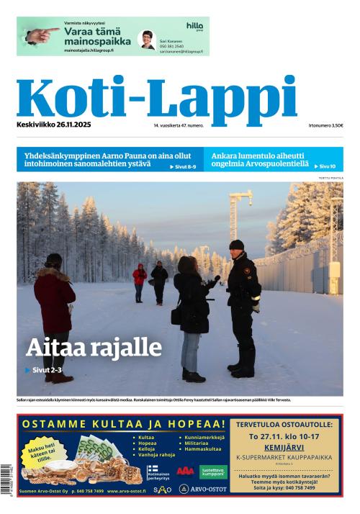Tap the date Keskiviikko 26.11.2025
[53, 125]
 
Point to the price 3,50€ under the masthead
[336, 125]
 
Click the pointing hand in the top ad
[40, 34]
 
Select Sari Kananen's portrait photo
[147, 39]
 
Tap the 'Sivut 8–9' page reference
[183, 167]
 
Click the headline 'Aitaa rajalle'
[94, 348]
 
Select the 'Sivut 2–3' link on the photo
[45, 370]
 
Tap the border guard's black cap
[237, 245]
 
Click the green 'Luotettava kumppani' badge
[212, 472]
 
